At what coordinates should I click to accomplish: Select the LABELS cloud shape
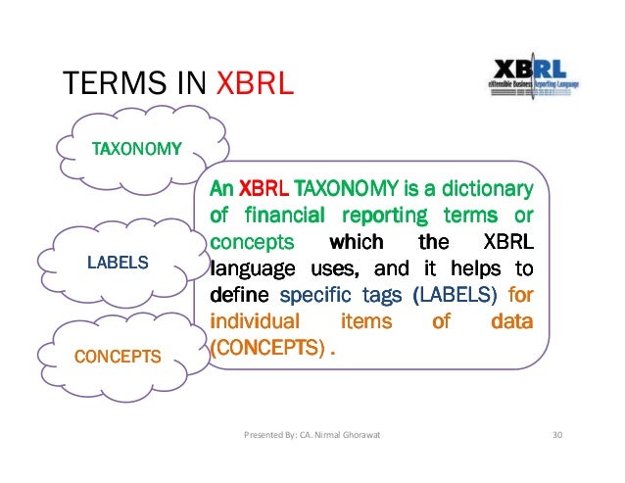tap(118, 262)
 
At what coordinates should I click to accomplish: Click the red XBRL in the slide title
tap(254, 83)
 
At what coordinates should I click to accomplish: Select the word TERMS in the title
tap(103, 83)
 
